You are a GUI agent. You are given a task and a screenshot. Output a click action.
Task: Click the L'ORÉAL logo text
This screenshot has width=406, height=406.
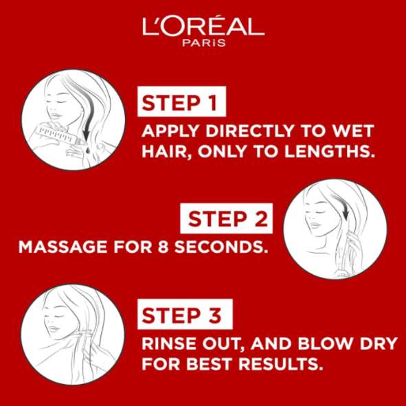click(x=203, y=26)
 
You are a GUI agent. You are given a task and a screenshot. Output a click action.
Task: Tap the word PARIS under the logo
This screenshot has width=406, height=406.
click(x=204, y=43)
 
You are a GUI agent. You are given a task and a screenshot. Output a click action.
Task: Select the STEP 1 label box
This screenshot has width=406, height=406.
click(x=182, y=102)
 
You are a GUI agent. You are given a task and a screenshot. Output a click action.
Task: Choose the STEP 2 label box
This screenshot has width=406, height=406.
click(x=226, y=218)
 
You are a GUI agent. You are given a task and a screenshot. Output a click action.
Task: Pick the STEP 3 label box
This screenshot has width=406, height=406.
click(x=185, y=314)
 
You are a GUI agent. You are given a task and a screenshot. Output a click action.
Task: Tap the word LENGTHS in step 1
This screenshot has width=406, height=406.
click(x=330, y=151)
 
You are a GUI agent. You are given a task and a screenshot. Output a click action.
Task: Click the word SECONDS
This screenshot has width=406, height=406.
click(x=221, y=247)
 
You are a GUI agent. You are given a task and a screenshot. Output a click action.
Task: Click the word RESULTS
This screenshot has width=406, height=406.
click(x=281, y=364)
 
